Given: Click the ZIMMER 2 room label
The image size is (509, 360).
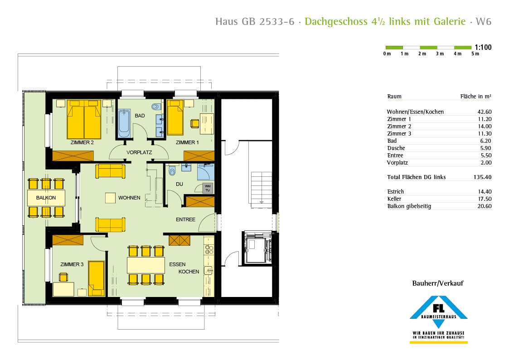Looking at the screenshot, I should (82, 142).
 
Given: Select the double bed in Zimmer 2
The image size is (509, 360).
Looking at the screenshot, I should (84, 120).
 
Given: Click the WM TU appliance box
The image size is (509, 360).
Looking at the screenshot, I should (208, 188).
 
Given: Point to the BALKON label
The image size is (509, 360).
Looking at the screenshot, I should (46, 198).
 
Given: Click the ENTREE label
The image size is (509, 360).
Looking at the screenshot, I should (185, 219).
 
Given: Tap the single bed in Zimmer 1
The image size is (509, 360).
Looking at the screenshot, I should (175, 117).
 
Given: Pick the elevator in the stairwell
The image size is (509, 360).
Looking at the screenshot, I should (257, 248).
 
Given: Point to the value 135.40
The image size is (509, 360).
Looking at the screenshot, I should (483, 177).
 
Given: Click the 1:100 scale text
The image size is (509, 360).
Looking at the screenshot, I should (483, 47).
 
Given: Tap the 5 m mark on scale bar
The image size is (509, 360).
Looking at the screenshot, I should (475, 54).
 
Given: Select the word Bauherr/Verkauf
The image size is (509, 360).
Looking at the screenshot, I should (438, 283).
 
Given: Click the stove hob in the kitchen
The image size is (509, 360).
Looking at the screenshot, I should (209, 249).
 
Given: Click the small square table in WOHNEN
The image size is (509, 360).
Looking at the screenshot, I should (110, 198).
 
